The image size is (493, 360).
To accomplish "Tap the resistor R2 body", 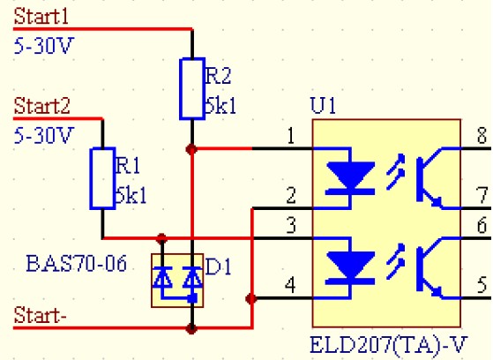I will point(192,88).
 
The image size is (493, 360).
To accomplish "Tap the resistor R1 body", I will point(101,179).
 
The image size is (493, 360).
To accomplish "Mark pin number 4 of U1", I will point(290,285).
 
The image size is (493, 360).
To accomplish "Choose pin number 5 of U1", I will point(481,285).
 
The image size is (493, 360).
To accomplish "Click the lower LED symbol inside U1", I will point(348,263).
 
